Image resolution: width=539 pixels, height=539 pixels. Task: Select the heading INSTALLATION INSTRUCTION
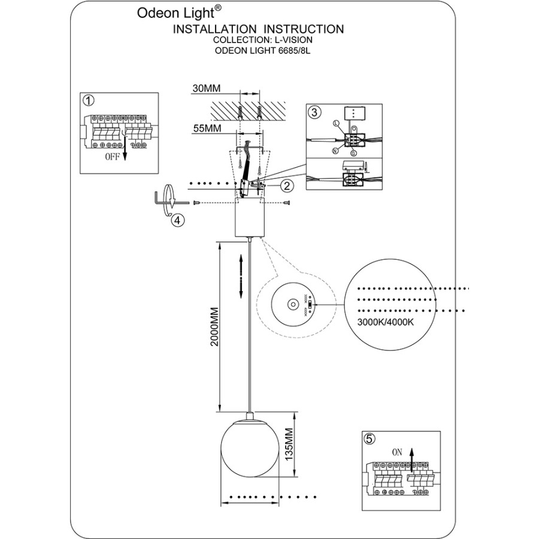click(258, 29)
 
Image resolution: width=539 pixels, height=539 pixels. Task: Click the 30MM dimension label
click(207, 89)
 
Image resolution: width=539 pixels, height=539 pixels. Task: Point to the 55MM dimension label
click(207, 129)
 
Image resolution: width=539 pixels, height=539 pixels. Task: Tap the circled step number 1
click(89, 100)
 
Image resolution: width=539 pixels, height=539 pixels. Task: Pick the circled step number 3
click(314, 112)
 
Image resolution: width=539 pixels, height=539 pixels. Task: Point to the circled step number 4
click(178, 220)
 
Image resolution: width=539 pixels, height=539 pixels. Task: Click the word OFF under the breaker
click(112, 158)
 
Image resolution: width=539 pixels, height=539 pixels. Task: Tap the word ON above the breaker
click(396, 453)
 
